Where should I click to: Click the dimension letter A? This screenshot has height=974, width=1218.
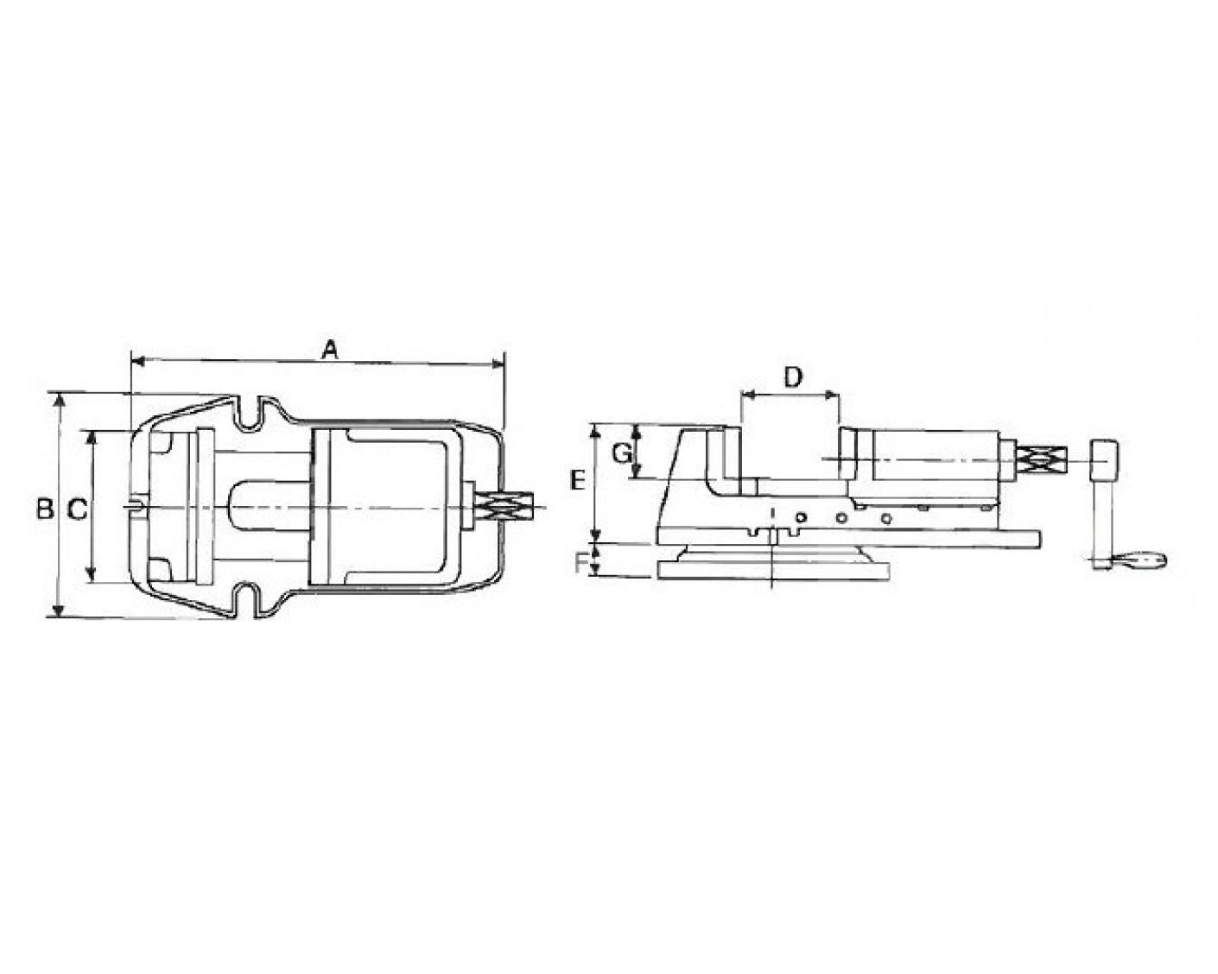pos(329,351)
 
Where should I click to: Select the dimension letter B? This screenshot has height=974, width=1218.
pos(45,509)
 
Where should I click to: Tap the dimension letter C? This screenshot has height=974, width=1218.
pos(77,509)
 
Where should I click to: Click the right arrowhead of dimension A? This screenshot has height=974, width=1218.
pos(498,363)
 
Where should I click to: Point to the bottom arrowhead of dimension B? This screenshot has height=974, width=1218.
pos(58,610)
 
